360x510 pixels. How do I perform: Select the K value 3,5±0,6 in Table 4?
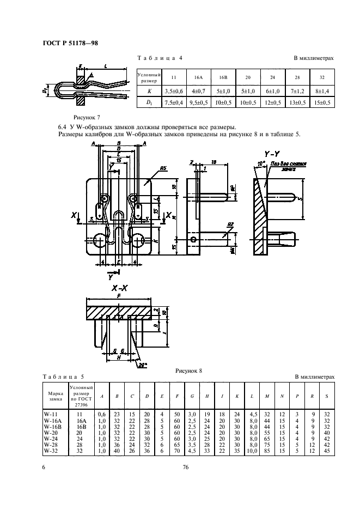point(173,91)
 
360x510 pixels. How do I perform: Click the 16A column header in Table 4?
point(198,77)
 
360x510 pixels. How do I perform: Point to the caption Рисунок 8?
point(188,371)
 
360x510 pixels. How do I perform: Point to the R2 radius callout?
point(230,224)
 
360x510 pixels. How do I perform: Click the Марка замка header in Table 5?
point(56,396)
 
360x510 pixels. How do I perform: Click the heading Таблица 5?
point(63,377)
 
